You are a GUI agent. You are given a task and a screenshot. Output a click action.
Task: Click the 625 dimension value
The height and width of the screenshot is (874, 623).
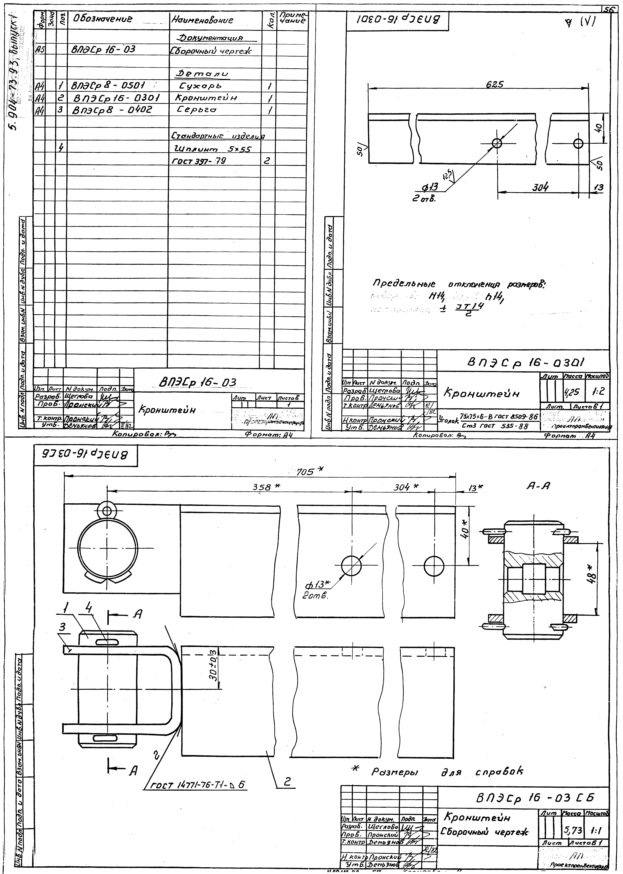(494, 85)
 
